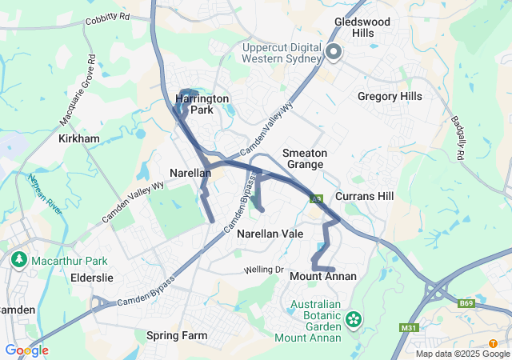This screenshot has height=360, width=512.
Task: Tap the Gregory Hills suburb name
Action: point(390,96)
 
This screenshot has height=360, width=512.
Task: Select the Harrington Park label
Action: point(202,104)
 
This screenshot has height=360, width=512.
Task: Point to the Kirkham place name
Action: point(79,138)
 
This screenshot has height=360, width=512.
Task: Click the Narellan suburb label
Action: point(190,173)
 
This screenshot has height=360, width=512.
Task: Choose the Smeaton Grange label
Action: point(303,158)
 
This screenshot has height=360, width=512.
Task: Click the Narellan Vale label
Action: point(270,234)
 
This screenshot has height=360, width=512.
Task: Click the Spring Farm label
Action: point(178,335)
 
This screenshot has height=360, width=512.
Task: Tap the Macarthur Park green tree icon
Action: point(18,261)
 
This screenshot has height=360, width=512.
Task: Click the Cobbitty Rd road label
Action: point(107,18)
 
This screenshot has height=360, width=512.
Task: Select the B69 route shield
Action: point(467,303)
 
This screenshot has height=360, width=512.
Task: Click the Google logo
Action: point(26,350)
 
